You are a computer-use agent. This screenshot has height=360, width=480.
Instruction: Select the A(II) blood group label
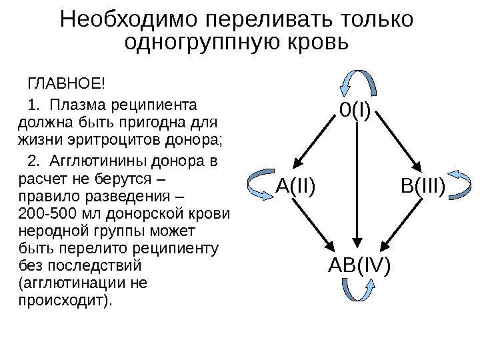tap(295, 187)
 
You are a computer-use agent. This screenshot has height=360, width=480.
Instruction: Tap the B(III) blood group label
tap(423, 187)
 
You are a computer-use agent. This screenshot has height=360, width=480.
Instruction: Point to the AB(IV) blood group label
tap(359, 267)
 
